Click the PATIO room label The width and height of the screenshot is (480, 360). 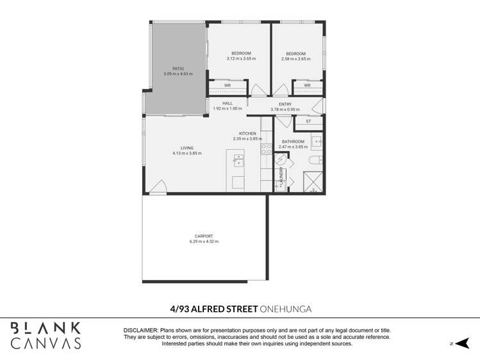pos(178,69)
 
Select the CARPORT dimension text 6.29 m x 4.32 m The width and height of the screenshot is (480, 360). pos(204,241)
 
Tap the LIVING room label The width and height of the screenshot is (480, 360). pos(187,148)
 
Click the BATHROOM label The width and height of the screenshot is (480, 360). pos(294,142)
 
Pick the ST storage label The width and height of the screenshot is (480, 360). pos(308,121)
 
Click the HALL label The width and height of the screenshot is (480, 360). pos(228,103)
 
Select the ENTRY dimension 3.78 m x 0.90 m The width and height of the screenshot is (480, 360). pos(285,109)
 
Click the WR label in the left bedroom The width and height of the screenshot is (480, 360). pos(228,86)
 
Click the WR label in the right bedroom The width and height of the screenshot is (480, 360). pos(307,86)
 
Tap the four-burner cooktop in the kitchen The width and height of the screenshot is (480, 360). pos(267,149)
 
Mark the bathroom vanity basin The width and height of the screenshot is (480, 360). pos(318,141)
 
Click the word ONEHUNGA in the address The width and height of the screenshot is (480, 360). pos(285,309)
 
